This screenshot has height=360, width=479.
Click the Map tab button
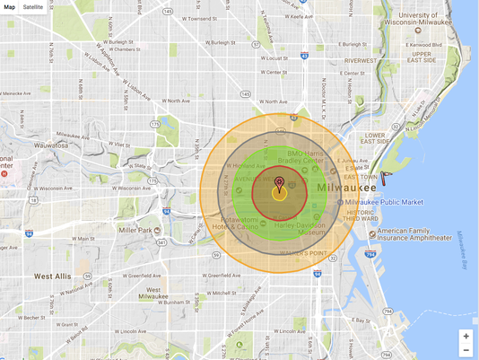(x=9, y=6)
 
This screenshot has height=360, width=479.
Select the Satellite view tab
(x=33, y=6)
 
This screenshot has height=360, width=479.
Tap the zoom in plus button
(x=466, y=336)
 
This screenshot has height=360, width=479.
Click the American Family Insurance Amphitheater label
(x=414, y=234)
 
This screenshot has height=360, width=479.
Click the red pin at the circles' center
(x=279, y=183)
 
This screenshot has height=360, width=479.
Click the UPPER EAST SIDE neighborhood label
(x=422, y=57)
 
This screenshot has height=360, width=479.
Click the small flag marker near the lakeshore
(x=385, y=177)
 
